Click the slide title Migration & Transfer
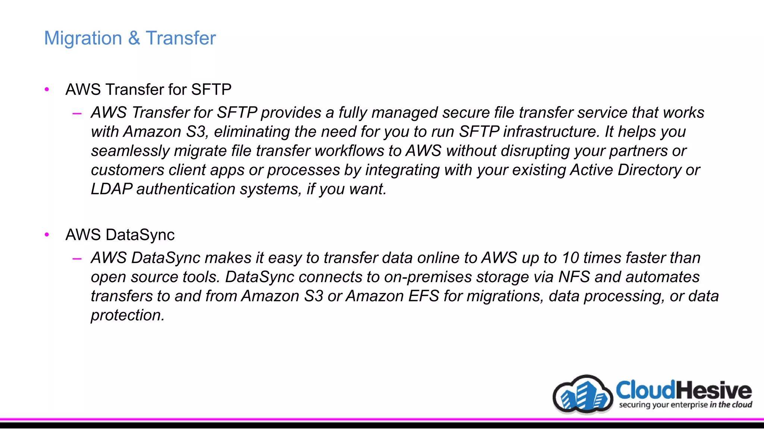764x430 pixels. [130, 38]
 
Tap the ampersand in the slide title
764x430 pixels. [134, 38]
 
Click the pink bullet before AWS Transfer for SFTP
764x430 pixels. [47, 89]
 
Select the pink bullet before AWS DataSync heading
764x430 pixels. [47, 234]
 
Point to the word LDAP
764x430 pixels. [112, 189]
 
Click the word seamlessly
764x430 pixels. [130, 151]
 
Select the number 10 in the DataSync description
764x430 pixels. [570, 258]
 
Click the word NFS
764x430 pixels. [574, 277]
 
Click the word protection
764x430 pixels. [127, 315]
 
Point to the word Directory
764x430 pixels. [649, 170]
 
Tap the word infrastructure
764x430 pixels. [551, 132]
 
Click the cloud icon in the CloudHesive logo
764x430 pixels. [583, 395]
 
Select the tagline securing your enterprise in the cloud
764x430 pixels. [685, 405]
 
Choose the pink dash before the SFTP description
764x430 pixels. [77, 113]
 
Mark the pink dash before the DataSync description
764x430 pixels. [77, 258]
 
